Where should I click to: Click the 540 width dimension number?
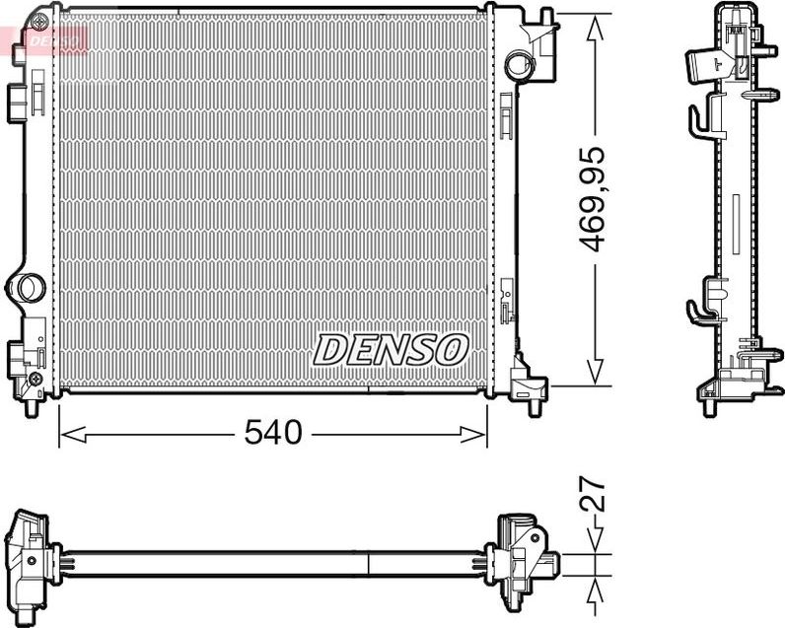[273, 433]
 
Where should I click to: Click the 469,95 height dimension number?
[592, 199]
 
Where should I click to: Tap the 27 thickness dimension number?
[593, 495]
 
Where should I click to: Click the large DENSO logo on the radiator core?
[391, 350]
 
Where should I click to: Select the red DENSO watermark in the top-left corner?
[53, 41]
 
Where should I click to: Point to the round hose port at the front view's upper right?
[517, 63]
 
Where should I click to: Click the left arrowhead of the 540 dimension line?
[73, 435]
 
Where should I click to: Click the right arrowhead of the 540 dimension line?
[473, 435]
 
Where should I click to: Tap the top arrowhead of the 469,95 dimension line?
[596, 28]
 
